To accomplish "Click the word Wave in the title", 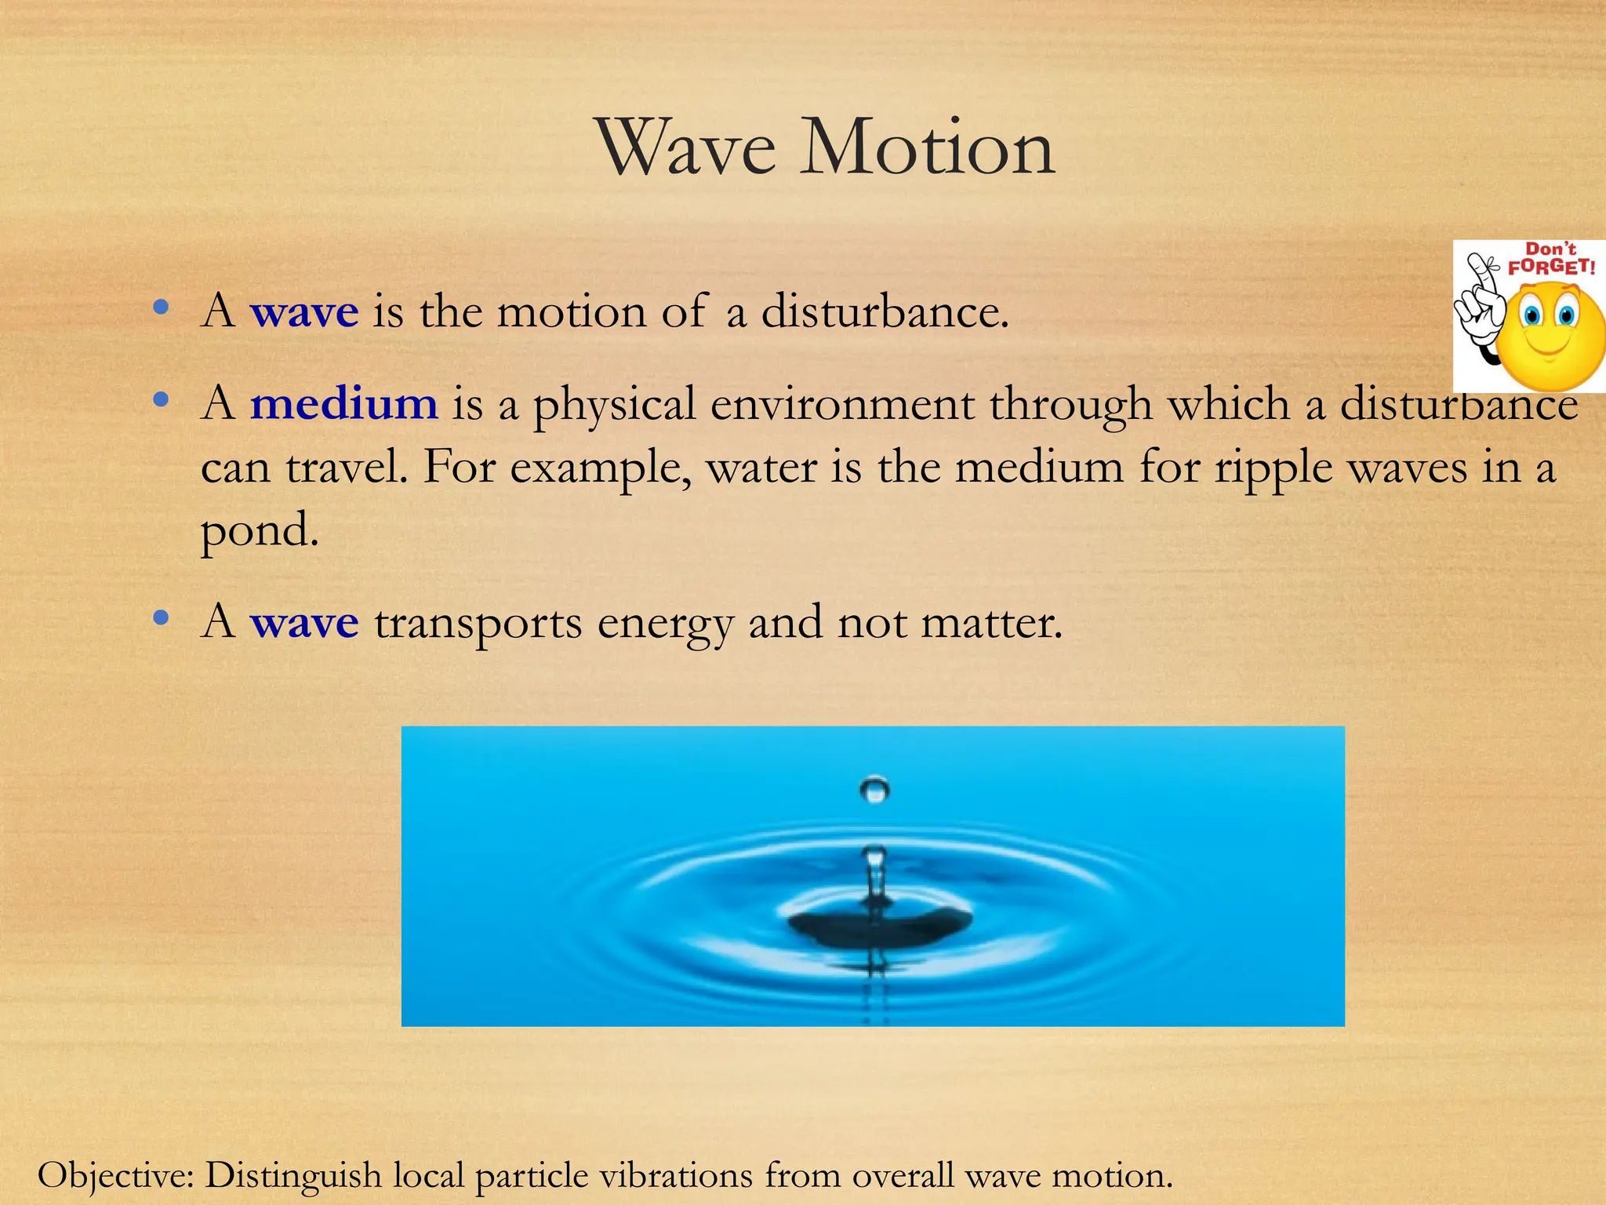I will [687, 147].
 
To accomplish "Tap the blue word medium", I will [343, 404].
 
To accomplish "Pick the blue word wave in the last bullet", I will [304, 624].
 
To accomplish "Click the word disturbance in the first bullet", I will [884, 311].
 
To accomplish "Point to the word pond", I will [260, 531].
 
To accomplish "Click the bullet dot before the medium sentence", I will [161, 401].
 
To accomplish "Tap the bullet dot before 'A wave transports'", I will [161, 619].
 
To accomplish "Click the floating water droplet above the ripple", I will [874, 788].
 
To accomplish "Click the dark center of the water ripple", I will [878, 926].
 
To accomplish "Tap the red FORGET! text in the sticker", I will [1551, 266].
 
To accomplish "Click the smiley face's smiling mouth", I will [1549, 346].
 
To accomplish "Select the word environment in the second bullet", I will [842, 404].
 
